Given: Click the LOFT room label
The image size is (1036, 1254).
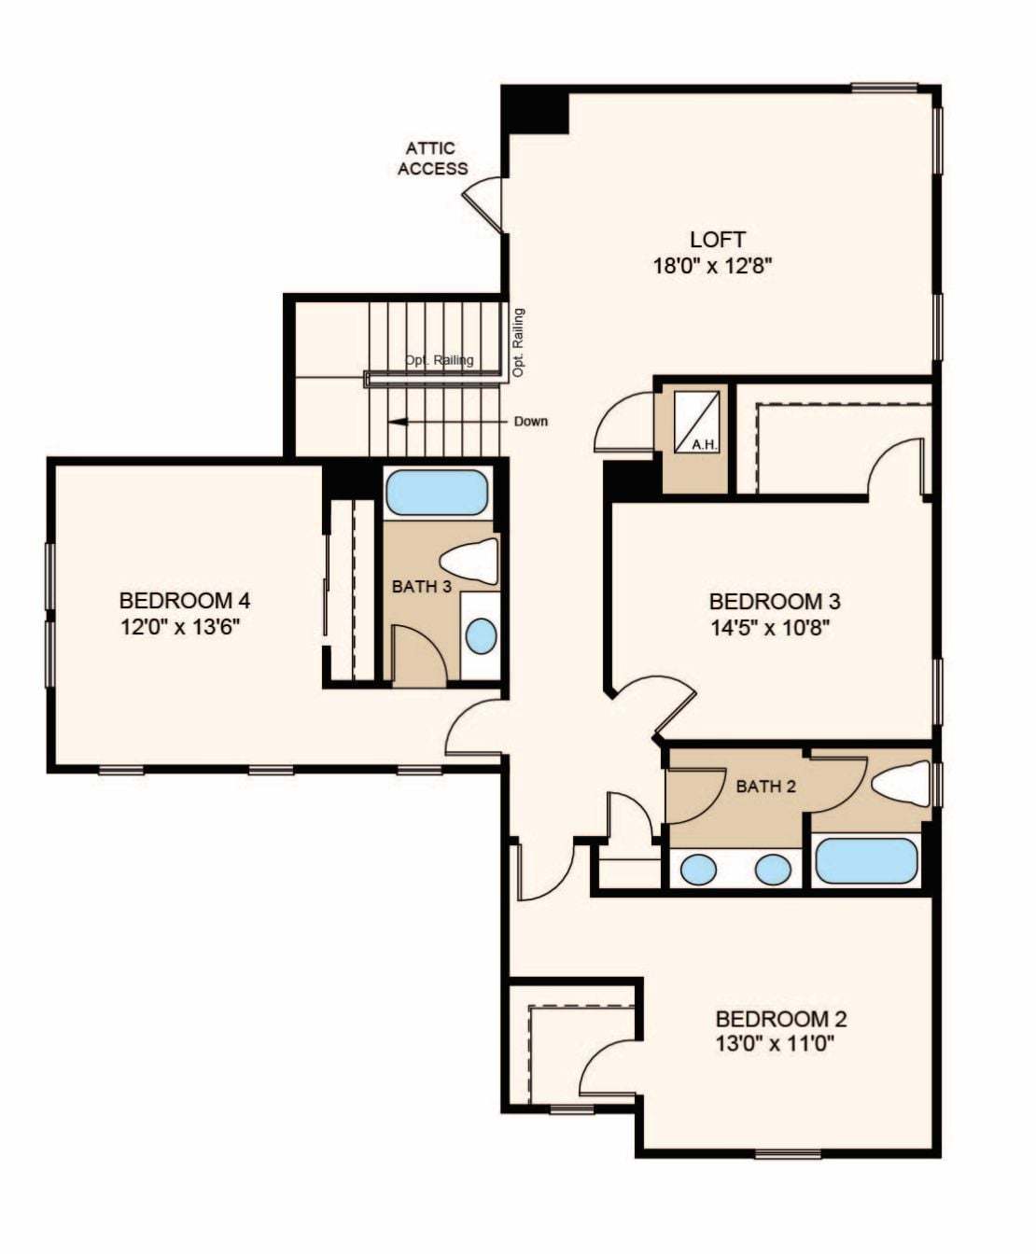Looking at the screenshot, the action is click(x=718, y=240).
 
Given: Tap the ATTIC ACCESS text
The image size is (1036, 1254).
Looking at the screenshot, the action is click(x=432, y=159).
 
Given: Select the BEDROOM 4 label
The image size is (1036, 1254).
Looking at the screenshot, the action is click(x=185, y=600).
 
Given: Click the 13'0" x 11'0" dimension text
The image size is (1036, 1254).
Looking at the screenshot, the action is click(x=776, y=1043).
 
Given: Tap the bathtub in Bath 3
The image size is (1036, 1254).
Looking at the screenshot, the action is click(x=436, y=493).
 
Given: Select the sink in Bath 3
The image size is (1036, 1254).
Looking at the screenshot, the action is click(x=482, y=636).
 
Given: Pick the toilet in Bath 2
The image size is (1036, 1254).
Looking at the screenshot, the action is click(x=899, y=784).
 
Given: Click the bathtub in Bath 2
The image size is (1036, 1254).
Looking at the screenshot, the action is click(x=866, y=861).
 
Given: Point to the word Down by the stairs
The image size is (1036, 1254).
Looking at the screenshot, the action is click(x=531, y=421).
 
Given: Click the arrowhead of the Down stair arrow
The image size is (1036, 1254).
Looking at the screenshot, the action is click(x=395, y=422).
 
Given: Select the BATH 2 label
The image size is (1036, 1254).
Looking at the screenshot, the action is click(x=765, y=787).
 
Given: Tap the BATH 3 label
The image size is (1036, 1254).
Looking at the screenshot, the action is click(x=421, y=586).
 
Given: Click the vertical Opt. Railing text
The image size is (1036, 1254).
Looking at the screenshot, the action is click(x=519, y=343).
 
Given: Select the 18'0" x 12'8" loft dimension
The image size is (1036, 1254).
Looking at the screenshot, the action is click(x=712, y=266).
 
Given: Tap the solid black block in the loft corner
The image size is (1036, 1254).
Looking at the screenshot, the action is click(x=535, y=109).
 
